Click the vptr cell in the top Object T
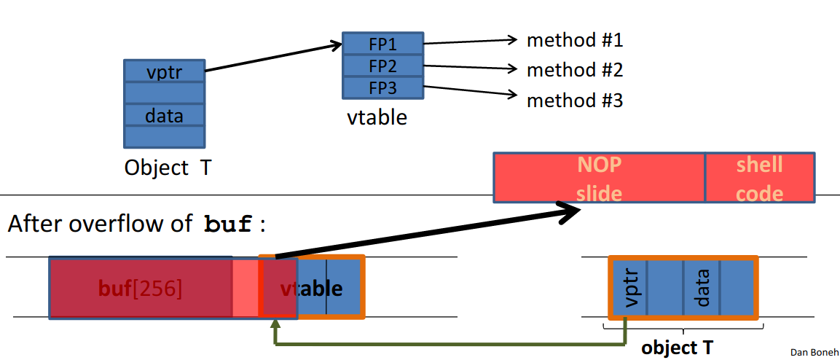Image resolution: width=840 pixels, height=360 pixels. pos(164,72)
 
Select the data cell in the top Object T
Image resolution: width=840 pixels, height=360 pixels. pos(164,115)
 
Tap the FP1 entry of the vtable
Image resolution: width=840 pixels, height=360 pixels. pos(382,43)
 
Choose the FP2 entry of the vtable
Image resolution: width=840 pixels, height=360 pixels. pos(382,66)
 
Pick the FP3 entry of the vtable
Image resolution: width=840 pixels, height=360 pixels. pos(382,88)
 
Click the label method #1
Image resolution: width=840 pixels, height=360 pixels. pos(575,40)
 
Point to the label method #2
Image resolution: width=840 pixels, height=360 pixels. pos(575,70)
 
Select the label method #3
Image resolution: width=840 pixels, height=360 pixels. pos(575,100)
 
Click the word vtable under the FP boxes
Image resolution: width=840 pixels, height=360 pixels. pos(377,117)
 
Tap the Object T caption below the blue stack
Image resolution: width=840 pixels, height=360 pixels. pos(168,168)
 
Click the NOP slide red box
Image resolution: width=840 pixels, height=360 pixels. pos(599,178)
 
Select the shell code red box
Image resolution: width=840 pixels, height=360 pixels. pos(759,178)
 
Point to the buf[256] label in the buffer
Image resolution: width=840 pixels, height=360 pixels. pos(140,289)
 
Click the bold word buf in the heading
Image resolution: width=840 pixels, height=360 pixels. pos(228,224)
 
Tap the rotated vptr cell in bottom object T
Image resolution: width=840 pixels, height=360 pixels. pos(628,288)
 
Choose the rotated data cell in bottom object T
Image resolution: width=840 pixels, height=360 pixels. pos(702,288)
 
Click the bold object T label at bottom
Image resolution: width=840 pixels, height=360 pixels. pos(677,348)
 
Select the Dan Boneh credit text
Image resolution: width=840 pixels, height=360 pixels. pos(813,352)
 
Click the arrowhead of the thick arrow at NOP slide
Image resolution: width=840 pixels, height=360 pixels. pos(572,212)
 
